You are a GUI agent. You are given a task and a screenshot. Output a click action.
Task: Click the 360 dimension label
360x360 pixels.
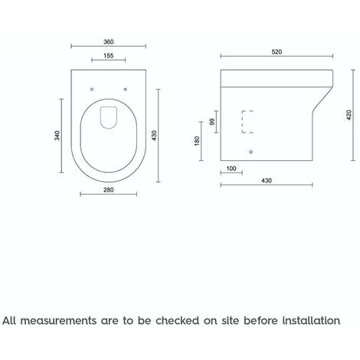pos(108,41)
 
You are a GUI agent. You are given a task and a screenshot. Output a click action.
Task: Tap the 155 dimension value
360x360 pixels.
pos(108,55)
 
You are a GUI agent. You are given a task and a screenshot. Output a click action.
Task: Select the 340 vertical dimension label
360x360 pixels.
pos(57,136)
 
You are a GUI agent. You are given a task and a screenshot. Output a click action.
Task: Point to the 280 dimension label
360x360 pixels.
pos(108,190)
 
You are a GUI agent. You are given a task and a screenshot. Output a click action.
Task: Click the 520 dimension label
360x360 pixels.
pos(277,52)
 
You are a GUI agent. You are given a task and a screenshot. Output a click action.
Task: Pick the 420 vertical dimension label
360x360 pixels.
pos(349,115)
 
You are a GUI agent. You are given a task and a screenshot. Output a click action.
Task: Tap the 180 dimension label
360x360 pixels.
pos(197,141)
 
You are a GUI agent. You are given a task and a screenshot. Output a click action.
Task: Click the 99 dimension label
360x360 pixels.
pos(212,122)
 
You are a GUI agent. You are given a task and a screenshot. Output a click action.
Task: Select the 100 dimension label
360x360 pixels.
pos(231,169)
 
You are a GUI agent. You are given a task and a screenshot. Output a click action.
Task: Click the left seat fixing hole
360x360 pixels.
pos(92,89)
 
